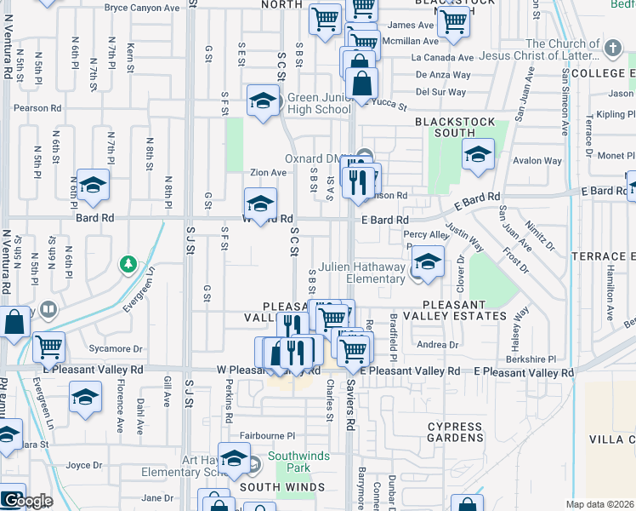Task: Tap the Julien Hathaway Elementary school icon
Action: (x=429, y=262)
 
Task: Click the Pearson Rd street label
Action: (x=37, y=109)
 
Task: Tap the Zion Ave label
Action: (x=268, y=172)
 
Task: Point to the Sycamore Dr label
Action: (x=117, y=349)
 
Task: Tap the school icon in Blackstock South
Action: (x=478, y=155)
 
